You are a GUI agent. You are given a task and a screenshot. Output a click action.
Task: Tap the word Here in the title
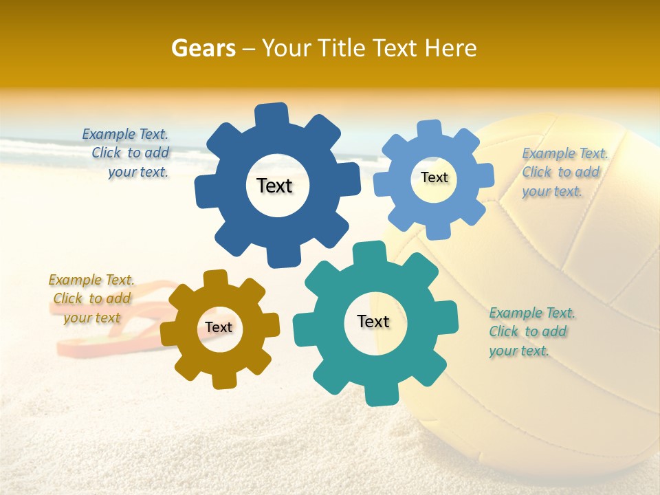(450, 48)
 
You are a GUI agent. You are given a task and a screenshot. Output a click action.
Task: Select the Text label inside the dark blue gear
(274, 186)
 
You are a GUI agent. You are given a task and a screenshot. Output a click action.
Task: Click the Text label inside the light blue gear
(434, 177)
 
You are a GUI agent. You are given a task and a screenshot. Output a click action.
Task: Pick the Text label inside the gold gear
(219, 327)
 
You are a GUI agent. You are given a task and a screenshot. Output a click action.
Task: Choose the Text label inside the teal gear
(373, 321)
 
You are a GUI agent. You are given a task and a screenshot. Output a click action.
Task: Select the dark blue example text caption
(126, 153)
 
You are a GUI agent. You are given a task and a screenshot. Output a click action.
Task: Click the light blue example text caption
(564, 172)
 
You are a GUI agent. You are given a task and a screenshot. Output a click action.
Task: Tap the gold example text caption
(91, 298)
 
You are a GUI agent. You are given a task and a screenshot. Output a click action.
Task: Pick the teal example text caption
(531, 331)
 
